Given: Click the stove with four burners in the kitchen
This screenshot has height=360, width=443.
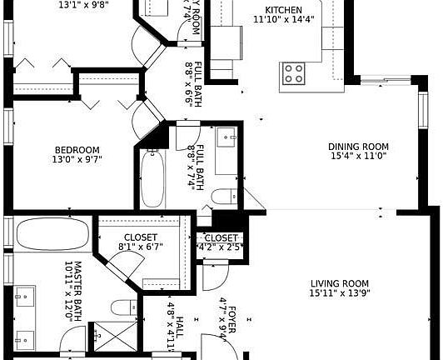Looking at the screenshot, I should pos(293,73).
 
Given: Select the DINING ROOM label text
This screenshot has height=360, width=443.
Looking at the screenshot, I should pos(359,147).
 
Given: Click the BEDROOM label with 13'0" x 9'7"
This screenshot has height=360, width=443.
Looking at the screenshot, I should pos(76,150).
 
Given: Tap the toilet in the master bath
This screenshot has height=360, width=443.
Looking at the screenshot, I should pos(125,307).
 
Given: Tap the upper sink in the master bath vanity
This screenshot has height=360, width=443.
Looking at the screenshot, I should pos(22,295).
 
